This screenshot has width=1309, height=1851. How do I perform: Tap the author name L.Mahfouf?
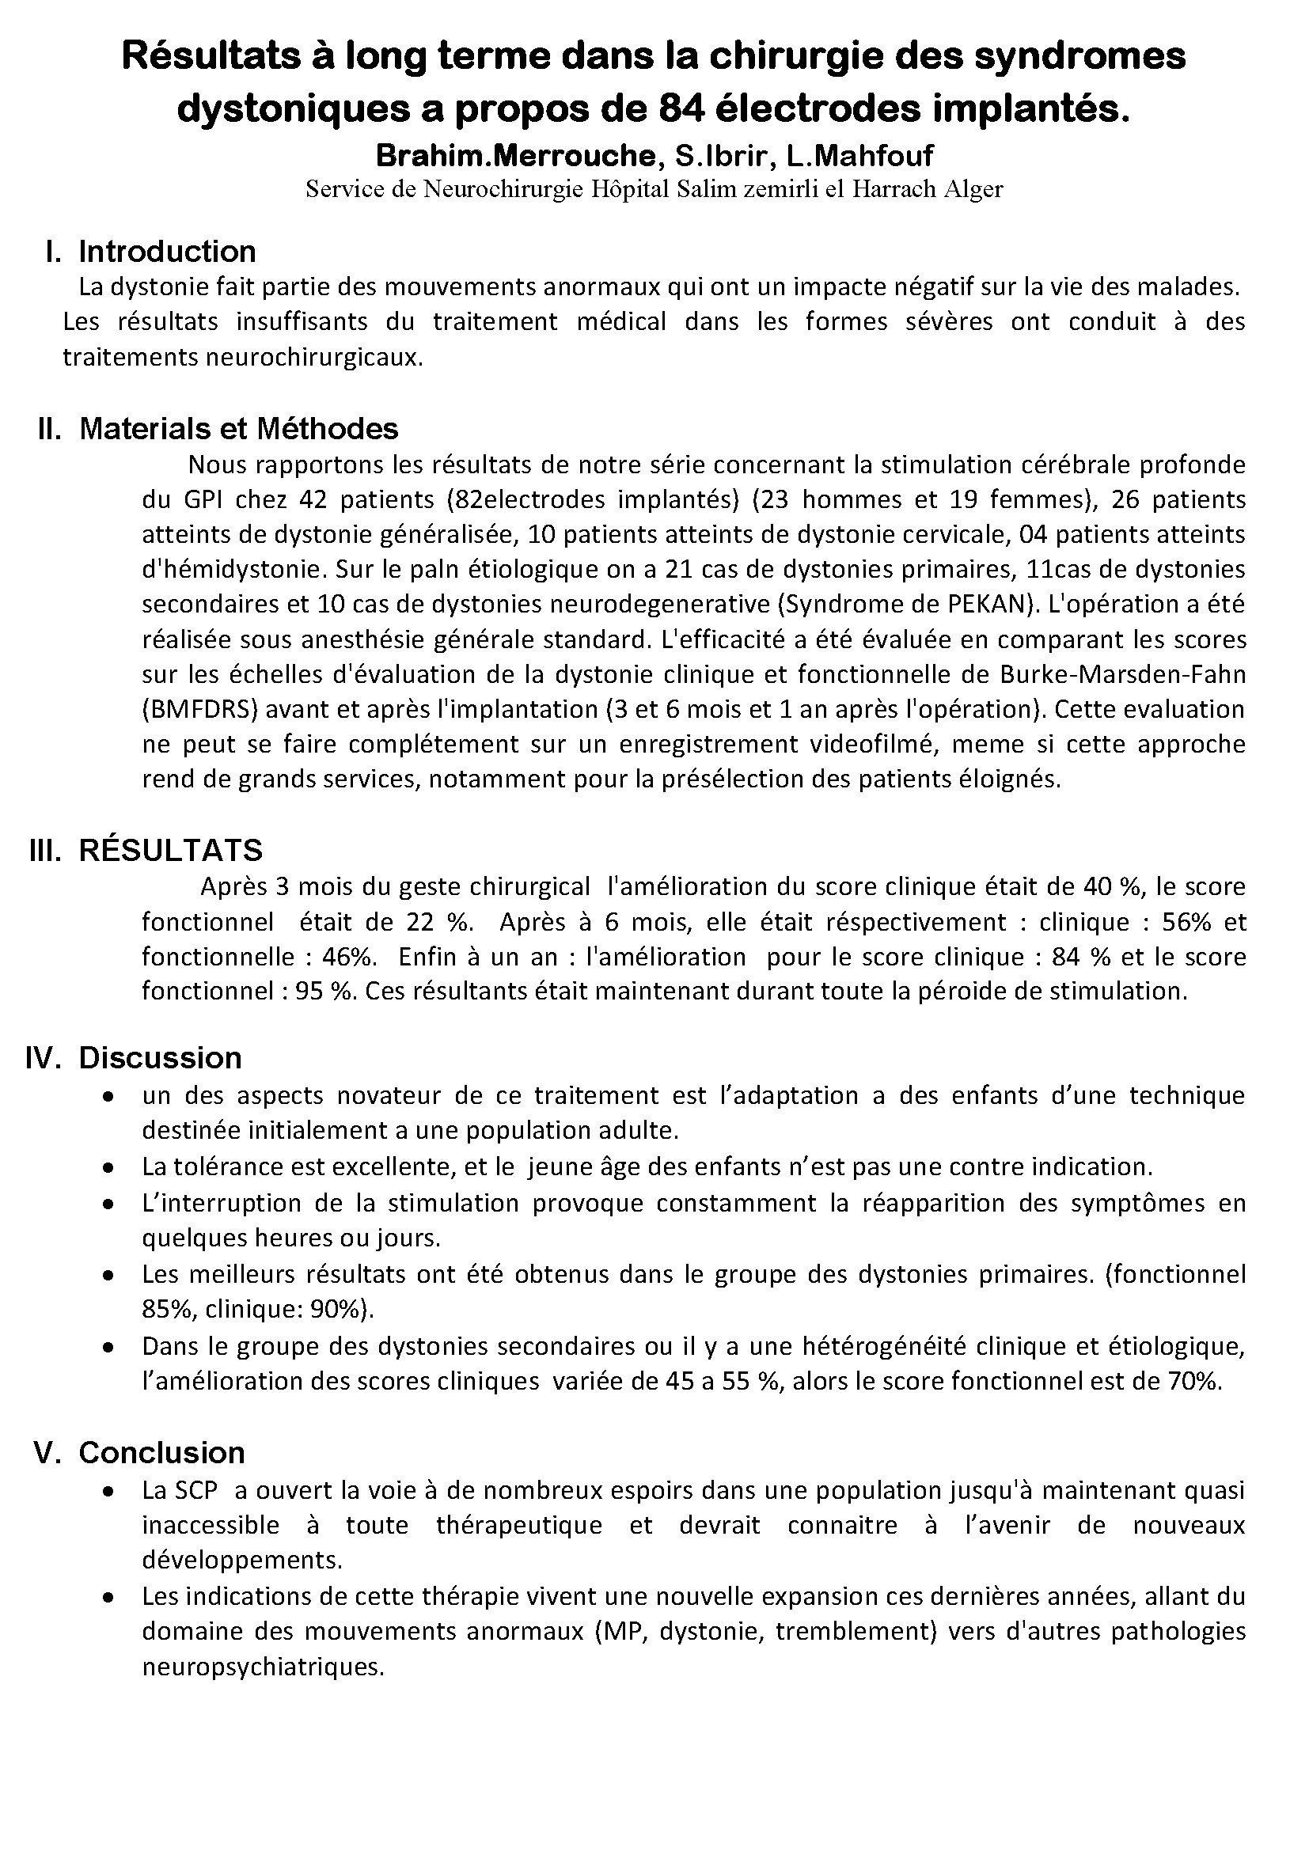coord(861,155)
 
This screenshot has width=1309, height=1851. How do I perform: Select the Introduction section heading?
coord(167,252)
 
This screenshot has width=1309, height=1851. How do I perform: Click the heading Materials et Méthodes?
coord(238,429)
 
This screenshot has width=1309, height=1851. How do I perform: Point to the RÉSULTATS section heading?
coord(171,850)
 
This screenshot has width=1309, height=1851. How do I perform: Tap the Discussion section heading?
coord(160,1058)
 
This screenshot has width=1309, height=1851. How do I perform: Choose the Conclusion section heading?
coord(161,1452)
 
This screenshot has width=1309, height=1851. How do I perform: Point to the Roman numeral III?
coord(45,850)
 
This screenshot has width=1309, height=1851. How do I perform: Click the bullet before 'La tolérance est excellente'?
coord(108,1167)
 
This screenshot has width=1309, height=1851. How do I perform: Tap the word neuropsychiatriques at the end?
coord(262,1667)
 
